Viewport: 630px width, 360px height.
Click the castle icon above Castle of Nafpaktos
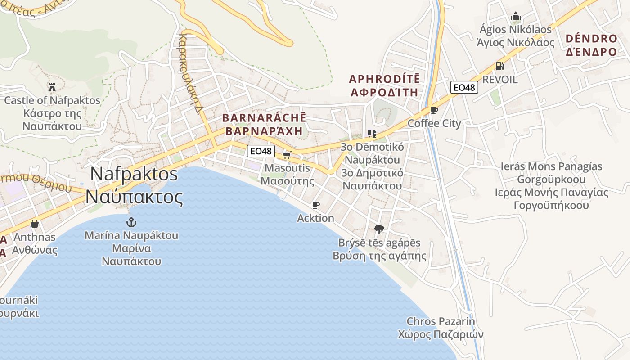coord(52,87)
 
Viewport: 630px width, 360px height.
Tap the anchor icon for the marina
coord(131,222)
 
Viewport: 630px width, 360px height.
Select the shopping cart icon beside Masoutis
coord(287,155)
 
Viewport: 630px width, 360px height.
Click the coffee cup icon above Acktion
coord(316,205)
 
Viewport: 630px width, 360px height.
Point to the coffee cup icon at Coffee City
coord(434,110)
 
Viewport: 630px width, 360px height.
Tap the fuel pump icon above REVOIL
coord(499,66)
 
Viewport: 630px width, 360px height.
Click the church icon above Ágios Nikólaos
coord(516,17)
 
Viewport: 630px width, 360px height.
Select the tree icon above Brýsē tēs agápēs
coord(379,229)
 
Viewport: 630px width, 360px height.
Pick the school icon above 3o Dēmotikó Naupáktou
coord(372,133)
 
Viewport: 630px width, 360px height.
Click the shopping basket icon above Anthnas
coord(35,224)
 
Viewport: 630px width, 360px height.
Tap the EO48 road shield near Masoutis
coord(261,151)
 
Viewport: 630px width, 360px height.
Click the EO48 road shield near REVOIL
coord(464,87)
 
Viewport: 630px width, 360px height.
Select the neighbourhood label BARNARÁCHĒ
coord(264,118)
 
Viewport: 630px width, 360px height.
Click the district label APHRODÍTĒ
coord(384,79)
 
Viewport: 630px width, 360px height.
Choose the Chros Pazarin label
coord(441,321)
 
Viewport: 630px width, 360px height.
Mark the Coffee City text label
coord(434,123)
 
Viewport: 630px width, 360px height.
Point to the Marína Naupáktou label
coord(131,235)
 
